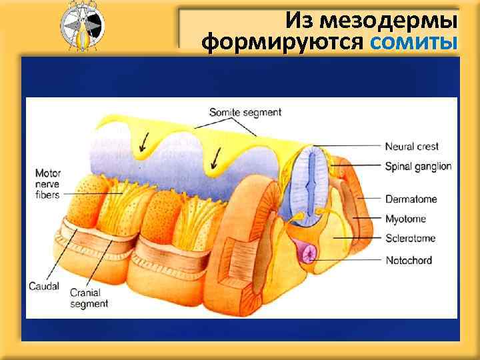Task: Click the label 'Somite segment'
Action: (245, 112)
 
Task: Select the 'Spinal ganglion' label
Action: (418, 166)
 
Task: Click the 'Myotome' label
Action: (406, 219)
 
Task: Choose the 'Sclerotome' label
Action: (411, 238)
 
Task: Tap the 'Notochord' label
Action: (409, 260)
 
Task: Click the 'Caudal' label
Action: (44, 287)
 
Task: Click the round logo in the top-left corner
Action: (81, 26)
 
